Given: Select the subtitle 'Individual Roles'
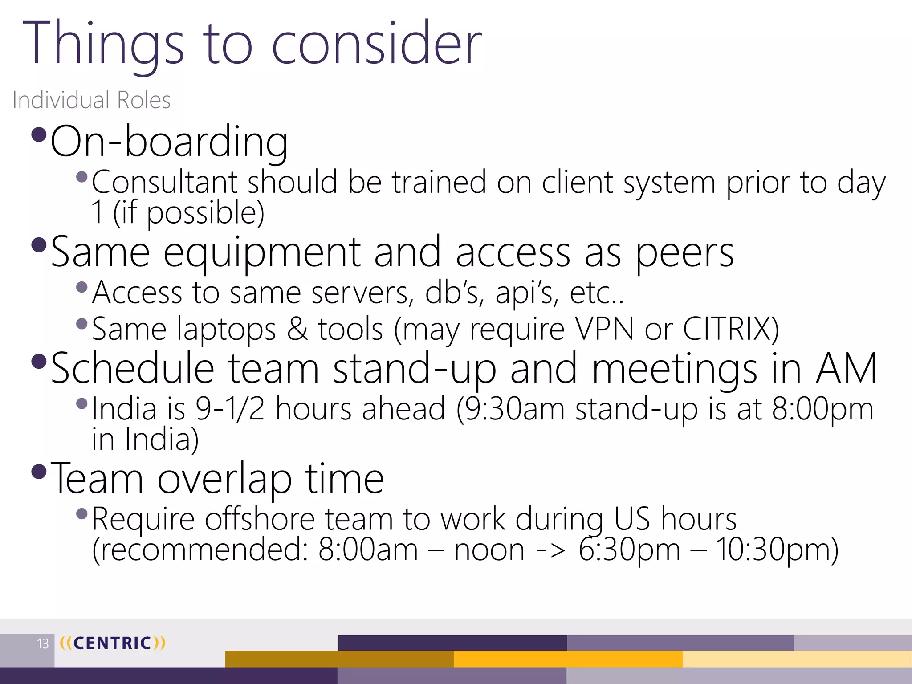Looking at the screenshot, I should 91,100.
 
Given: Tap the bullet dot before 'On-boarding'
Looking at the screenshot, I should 39,134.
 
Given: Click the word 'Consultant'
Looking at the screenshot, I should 164,182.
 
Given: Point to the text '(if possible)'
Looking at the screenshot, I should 189,213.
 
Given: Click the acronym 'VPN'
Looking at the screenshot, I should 604,329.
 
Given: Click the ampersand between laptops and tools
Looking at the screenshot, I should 297,329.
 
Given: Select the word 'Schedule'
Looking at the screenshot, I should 133,368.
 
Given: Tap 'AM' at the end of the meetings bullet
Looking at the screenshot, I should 846,368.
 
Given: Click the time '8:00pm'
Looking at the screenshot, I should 822,409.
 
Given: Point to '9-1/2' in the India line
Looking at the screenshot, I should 230,409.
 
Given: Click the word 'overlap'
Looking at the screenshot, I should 224,479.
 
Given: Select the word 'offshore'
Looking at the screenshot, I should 260,519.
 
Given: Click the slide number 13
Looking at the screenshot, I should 43,644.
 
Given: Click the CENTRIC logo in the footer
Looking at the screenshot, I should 112,643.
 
